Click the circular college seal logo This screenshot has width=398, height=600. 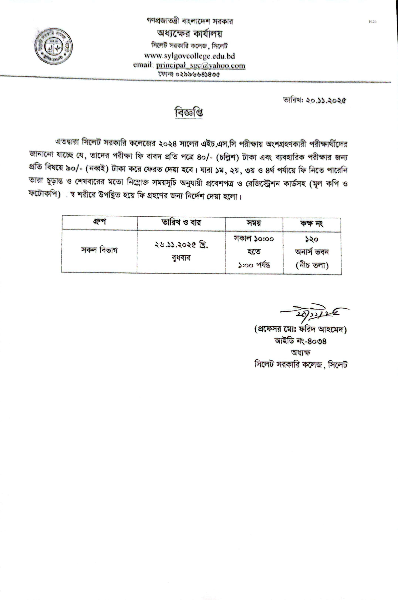(54, 50)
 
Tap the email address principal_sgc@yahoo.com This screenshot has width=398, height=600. (200, 65)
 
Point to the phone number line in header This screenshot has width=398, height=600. (189, 74)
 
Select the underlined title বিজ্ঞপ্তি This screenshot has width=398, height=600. (189, 113)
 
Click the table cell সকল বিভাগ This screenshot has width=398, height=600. (99, 250)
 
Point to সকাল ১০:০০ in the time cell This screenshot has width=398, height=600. (254, 239)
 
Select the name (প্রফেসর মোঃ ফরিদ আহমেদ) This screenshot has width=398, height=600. (301, 330)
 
